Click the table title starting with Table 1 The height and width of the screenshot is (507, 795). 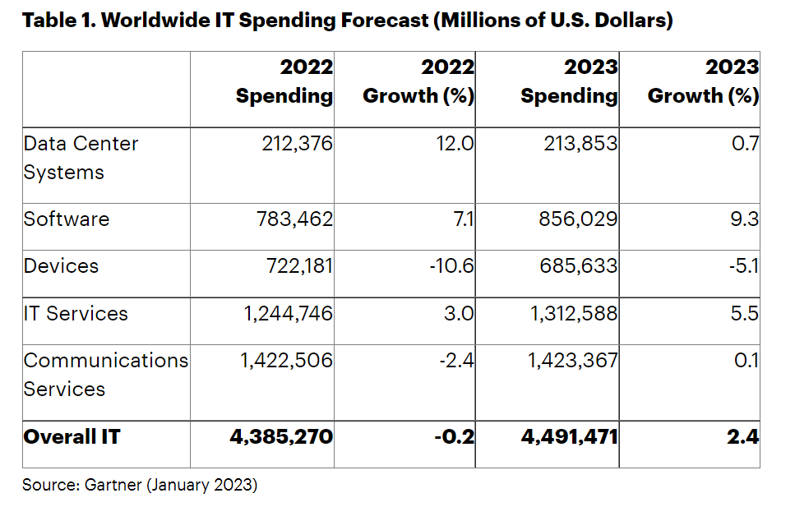(x=348, y=21)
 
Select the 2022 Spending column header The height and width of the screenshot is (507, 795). (x=284, y=81)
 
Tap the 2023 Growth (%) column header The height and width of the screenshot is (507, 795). (x=703, y=81)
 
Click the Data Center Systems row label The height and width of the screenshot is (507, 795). (x=81, y=158)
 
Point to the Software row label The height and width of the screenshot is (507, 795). (x=66, y=219)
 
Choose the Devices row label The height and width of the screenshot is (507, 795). (x=61, y=266)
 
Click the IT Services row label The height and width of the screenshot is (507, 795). (x=76, y=313)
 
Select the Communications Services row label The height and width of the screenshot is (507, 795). (x=105, y=375)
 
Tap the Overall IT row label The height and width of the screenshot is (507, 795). (x=72, y=436)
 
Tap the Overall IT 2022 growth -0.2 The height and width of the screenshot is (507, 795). (x=454, y=436)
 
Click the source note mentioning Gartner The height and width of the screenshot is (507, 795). (x=140, y=485)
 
